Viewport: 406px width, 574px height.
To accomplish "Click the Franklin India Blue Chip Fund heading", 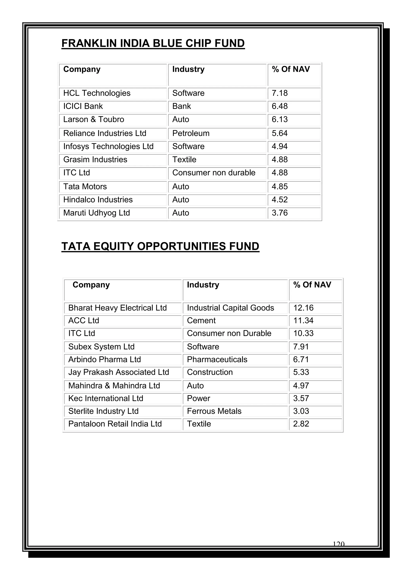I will (x=153, y=43).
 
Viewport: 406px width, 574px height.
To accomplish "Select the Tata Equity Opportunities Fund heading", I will (x=160, y=246).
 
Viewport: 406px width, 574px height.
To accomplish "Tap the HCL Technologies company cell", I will (x=97, y=93).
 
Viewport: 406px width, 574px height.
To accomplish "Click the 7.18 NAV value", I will (x=280, y=93).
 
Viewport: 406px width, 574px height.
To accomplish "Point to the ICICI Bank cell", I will (x=83, y=106).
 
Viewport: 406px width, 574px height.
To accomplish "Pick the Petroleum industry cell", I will (x=191, y=133).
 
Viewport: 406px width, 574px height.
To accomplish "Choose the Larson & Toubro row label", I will (x=94, y=120).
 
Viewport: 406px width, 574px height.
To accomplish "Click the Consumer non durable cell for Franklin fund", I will (x=214, y=173).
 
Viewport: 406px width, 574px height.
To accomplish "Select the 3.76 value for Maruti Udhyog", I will (x=280, y=213).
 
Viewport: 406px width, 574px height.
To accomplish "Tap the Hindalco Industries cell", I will (x=98, y=200).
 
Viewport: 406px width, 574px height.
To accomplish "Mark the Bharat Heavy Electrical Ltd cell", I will (x=117, y=308).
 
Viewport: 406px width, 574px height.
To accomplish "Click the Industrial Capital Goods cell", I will (x=230, y=308).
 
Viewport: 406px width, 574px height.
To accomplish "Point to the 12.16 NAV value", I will (x=303, y=308).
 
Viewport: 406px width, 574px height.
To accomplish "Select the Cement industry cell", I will (x=201, y=320).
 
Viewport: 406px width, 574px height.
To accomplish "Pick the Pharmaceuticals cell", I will (x=217, y=359).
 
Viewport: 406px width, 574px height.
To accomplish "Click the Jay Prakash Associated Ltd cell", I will (x=119, y=372).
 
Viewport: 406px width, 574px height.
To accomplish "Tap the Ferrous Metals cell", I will (x=214, y=411).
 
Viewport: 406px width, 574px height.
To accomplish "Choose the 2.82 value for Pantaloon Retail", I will (x=301, y=424).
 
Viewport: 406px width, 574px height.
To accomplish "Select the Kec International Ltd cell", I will (x=105, y=399).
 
